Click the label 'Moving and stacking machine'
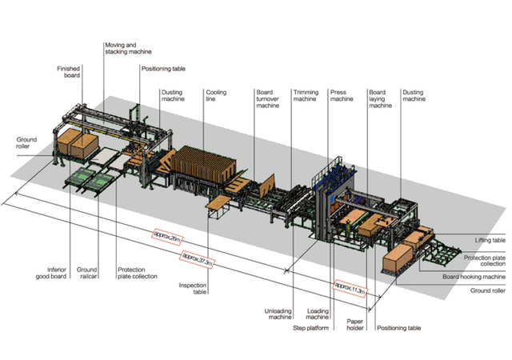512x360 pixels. pyautogui.click(x=128, y=48)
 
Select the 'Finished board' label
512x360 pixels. pyautogui.click(x=68, y=72)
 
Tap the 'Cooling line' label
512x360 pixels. pyautogui.click(x=216, y=95)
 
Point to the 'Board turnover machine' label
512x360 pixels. pyautogui.click(x=267, y=98)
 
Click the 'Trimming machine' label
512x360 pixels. pyautogui.click(x=306, y=95)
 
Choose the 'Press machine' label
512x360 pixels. pyautogui.click(x=342, y=95)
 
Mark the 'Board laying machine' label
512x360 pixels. pyautogui.click(x=381, y=98)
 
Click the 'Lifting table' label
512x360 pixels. pyautogui.click(x=490, y=240)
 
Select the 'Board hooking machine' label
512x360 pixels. pyautogui.click(x=474, y=277)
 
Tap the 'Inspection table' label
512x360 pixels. pyautogui.click(x=193, y=289)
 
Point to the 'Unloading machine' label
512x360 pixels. pyautogui.click(x=278, y=314)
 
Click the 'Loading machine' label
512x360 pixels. pyautogui.click(x=318, y=314)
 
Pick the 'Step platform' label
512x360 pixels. pyautogui.click(x=311, y=328)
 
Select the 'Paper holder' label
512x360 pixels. pyautogui.click(x=355, y=324)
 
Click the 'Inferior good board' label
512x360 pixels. pyautogui.click(x=51, y=273)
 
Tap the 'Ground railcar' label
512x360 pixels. pyautogui.click(x=87, y=273)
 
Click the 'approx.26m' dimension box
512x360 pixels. pyautogui.click(x=167, y=237)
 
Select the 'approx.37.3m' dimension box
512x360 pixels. pyautogui.click(x=197, y=259)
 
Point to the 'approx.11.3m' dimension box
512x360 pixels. pyautogui.click(x=350, y=288)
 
